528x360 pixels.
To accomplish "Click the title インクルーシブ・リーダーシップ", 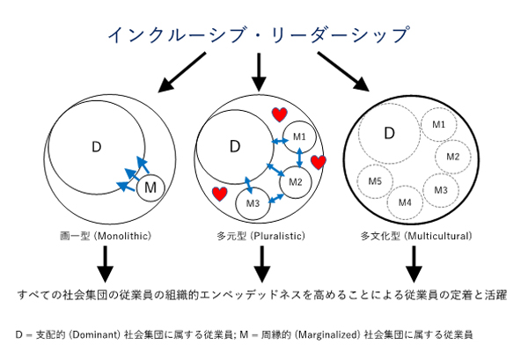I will coord(259,35).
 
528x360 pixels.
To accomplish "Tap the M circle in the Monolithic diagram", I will coord(150,187).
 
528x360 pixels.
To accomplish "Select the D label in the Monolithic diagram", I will coord(97,146).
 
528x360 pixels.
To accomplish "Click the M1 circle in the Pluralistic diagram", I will coord(299,136).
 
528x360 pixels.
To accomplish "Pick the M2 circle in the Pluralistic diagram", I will coord(296,181).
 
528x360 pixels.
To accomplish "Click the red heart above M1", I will coord(278,114).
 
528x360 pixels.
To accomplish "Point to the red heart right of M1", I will coord(319,162).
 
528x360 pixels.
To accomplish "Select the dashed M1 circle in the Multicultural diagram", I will coord(437,125).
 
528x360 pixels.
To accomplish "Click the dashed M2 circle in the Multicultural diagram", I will coord(453,157).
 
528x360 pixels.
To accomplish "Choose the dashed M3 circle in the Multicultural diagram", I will coord(441,189).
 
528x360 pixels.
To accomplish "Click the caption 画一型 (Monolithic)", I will coord(104,236).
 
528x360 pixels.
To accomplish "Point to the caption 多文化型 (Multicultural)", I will coord(416,236).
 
